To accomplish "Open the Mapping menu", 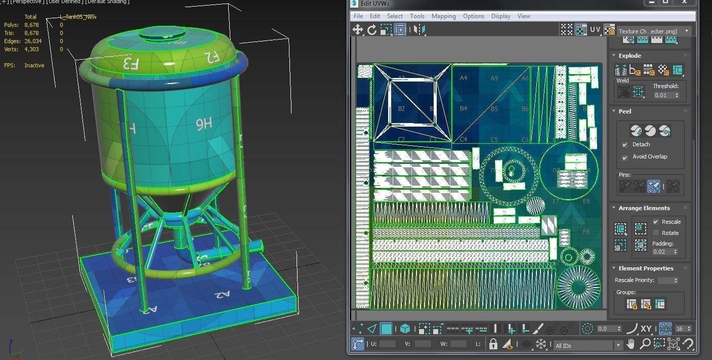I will tap(443, 16).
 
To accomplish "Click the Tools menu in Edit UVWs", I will tap(417, 16).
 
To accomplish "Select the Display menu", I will tap(500, 16).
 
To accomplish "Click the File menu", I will tap(358, 16).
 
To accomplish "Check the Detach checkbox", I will tap(625, 145).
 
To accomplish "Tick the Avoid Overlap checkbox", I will tap(625, 157).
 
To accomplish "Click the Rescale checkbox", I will tap(656, 222).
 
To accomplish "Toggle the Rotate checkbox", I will tap(656, 233).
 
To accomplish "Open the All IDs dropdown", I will tap(587, 345).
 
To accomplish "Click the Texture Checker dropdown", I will tap(653, 31).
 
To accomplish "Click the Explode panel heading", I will tap(630, 56).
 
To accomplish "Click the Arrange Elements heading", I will tap(644, 208).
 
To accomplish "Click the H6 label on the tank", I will tap(203, 125).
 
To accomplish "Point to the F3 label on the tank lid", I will tap(130, 63).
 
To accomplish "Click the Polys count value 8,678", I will tap(31, 25).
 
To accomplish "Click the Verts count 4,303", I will tap(31, 49).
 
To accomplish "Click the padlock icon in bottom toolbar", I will tap(493, 344).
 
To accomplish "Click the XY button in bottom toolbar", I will tap(646, 329).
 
